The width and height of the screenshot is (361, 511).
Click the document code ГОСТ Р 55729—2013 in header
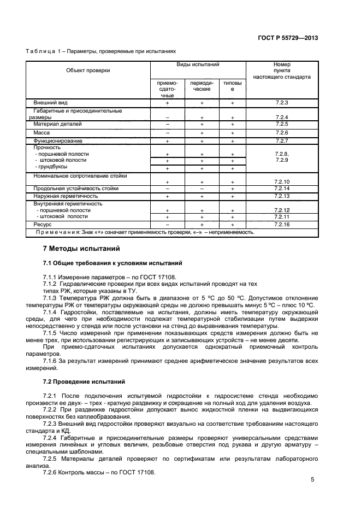coord(288,38)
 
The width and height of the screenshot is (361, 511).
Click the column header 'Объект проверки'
coord(88,71)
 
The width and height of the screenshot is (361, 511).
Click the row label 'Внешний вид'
coord(50,103)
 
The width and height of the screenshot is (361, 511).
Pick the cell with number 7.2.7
coord(282,141)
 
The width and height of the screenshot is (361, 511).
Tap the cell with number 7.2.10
coord(282,181)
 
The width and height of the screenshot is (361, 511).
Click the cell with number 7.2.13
coord(282,196)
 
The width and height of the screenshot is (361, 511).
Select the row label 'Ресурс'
coord(42,225)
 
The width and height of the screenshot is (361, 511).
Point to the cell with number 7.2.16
coord(282,225)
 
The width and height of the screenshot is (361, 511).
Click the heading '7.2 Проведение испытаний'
coord(84,381)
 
